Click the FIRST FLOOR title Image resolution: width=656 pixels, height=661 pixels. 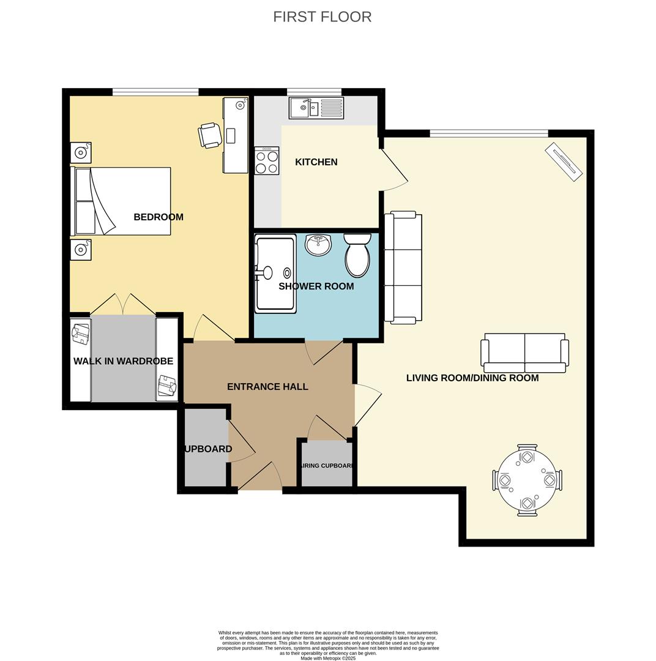tap(322, 17)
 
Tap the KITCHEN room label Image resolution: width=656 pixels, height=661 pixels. tap(316, 162)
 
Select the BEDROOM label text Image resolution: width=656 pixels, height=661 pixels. tap(158, 217)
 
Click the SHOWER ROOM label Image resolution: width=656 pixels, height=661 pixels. tap(316, 286)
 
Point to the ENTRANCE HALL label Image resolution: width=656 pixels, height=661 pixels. tap(267, 387)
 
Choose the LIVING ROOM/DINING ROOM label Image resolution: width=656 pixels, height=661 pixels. tap(472, 378)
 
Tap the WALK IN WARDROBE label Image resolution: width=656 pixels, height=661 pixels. tap(123, 362)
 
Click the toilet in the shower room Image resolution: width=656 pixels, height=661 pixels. tap(357, 256)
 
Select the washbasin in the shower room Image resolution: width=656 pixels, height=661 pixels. tap(318, 245)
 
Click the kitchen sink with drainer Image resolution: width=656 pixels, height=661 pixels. tap(316, 108)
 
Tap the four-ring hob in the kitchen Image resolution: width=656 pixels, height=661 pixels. tap(267, 161)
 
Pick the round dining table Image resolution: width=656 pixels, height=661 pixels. tap(527, 480)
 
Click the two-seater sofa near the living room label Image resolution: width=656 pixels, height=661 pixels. tap(524, 353)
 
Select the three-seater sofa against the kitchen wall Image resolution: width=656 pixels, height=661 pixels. tap(403, 267)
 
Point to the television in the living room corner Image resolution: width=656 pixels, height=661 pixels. tap(564, 162)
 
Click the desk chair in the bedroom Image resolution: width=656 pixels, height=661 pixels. tap(210, 135)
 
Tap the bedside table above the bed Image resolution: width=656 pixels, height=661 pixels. tap(81, 152)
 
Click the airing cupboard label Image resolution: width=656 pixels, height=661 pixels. tap(327, 466)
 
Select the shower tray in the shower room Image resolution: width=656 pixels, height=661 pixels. tap(275, 274)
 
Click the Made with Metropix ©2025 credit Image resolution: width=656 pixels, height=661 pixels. tap(327, 658)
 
